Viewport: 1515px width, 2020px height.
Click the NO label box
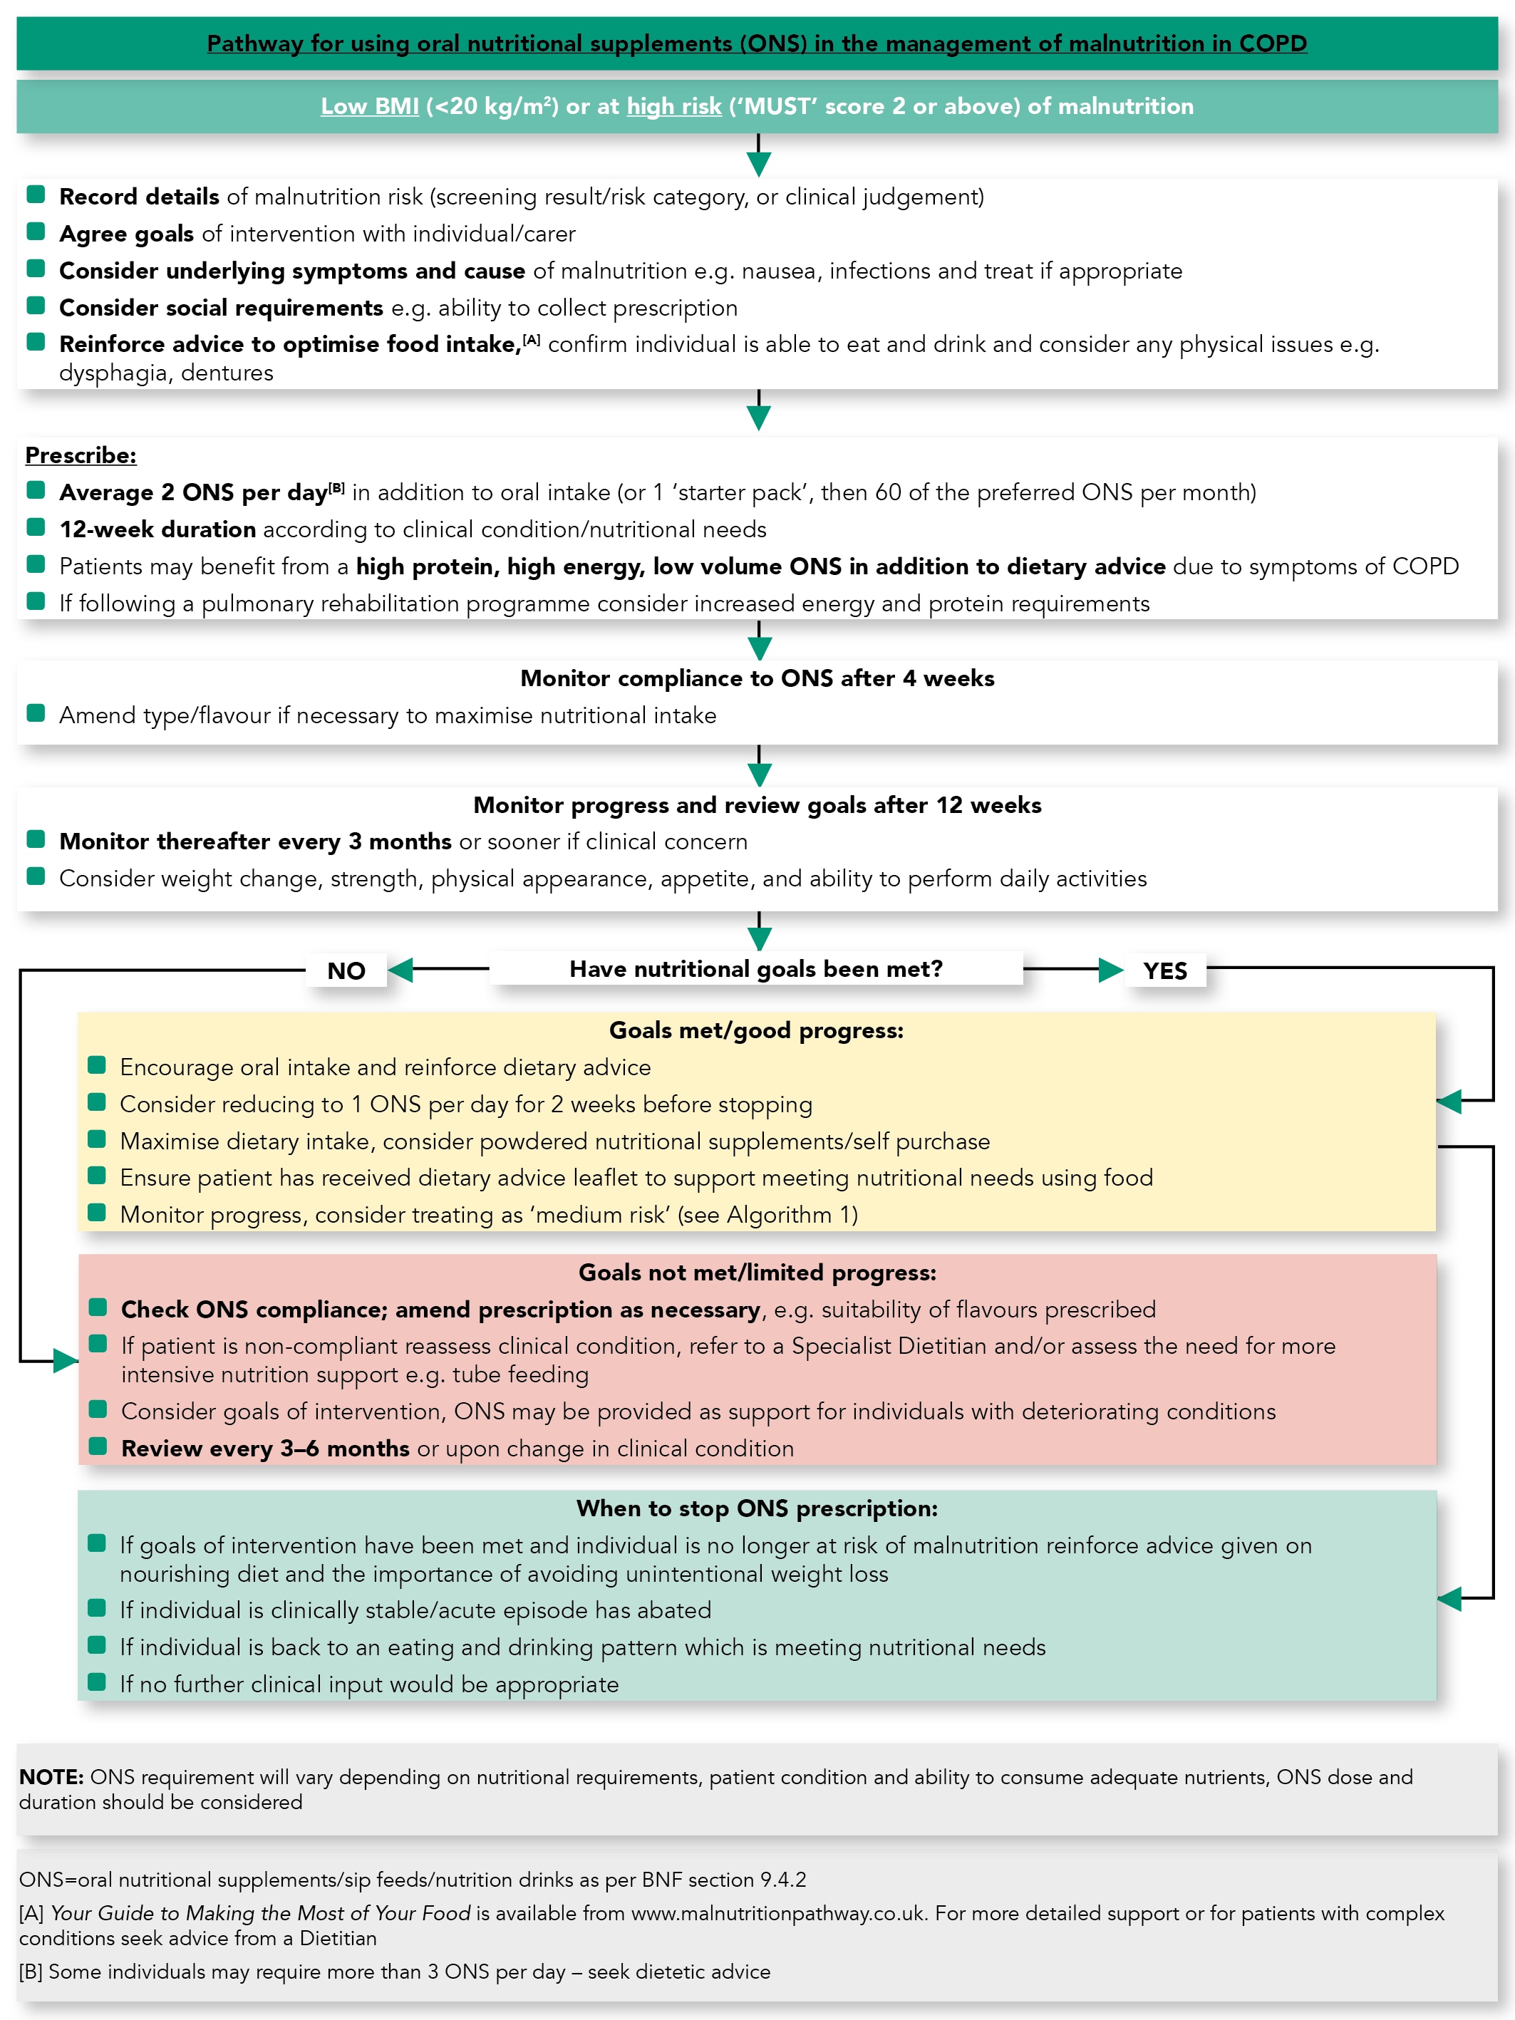[346, 970]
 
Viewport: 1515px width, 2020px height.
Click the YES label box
[1164, 970]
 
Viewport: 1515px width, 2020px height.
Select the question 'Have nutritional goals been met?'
[756, 968]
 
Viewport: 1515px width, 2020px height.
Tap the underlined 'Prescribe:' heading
[81, 455]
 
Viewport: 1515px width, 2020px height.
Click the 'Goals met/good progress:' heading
[756, 1030]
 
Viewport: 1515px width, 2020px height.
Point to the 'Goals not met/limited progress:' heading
[757, 1272]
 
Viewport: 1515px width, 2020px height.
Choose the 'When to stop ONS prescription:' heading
[757, 1508]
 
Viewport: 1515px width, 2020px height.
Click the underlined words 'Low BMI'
[370, 106]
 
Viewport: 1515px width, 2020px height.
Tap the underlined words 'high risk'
[674, 106]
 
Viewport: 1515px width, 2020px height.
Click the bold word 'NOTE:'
[51, 1776]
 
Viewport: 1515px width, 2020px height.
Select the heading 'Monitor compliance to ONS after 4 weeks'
[757, 678]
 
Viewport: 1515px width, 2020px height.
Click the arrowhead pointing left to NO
[400, 969]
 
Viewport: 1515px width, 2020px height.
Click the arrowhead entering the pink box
[66, 1361]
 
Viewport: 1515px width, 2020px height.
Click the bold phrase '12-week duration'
[157, 529]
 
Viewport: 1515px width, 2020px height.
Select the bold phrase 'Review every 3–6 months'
[265, 1449]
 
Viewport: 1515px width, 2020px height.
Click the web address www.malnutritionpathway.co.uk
[778, 1913]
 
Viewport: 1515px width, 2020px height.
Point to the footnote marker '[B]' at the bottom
[31, 1972]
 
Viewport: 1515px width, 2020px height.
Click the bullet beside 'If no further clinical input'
[97, 1682]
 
